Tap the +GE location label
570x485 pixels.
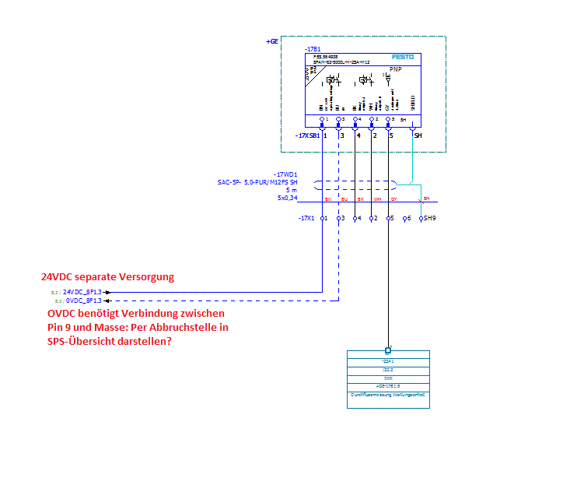(x=271, y=40)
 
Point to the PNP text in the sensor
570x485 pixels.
(x=395, y=69)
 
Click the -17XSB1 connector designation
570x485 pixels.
(x=307, y=135)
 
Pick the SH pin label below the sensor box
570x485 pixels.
(x=418, y=135)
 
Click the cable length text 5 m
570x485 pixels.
(x=291, y=190)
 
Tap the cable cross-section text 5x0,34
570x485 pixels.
(x=288, y=198)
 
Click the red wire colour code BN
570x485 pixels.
(x=327, y=200)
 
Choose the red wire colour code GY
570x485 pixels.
(x=393, y=200)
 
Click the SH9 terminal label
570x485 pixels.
(x=428, y=219)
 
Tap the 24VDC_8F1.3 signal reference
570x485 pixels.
(x=82, y=291)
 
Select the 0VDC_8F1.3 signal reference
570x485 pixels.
(x=82, y=300)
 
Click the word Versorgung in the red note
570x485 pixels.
(x=146, y=276)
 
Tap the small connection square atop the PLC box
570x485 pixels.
(x=388, y=350)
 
